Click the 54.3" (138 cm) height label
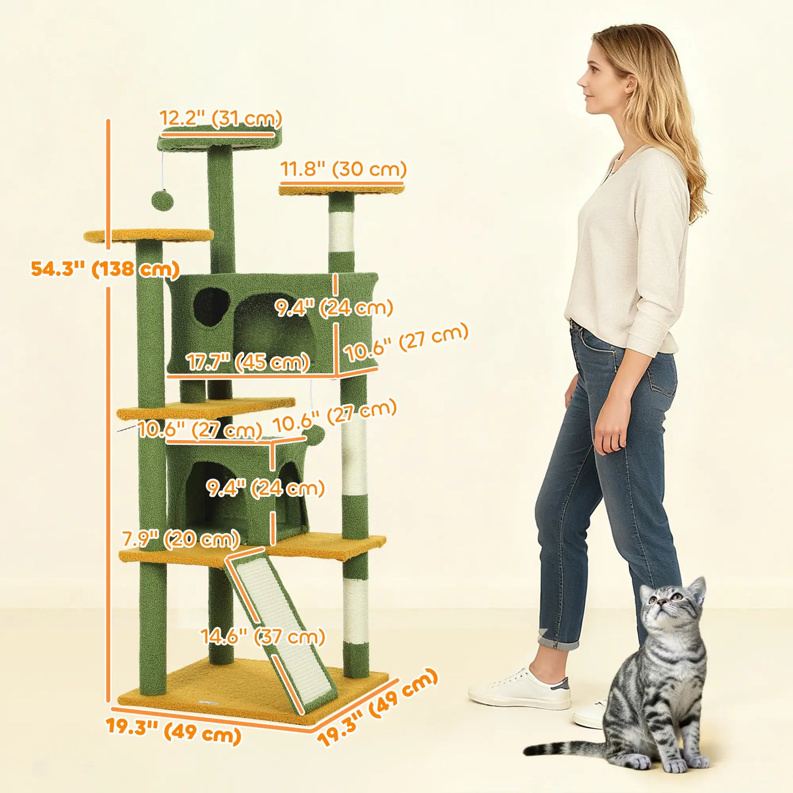pyautogui.click(x=105, y=269)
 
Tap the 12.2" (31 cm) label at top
pyautogui.click(x=220, y=118)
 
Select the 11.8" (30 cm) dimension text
pyautogui.click(x=343, y=168)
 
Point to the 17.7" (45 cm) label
pyautogui.click(x=248, y=362)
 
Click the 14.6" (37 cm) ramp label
pyautogui.click(x=262, y=637)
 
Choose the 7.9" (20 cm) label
pyautogui.click(x=181, y=539)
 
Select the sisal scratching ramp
pyautogui.click(x=280, y=626)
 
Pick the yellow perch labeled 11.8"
pyautogui.click(x=341, y=190)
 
